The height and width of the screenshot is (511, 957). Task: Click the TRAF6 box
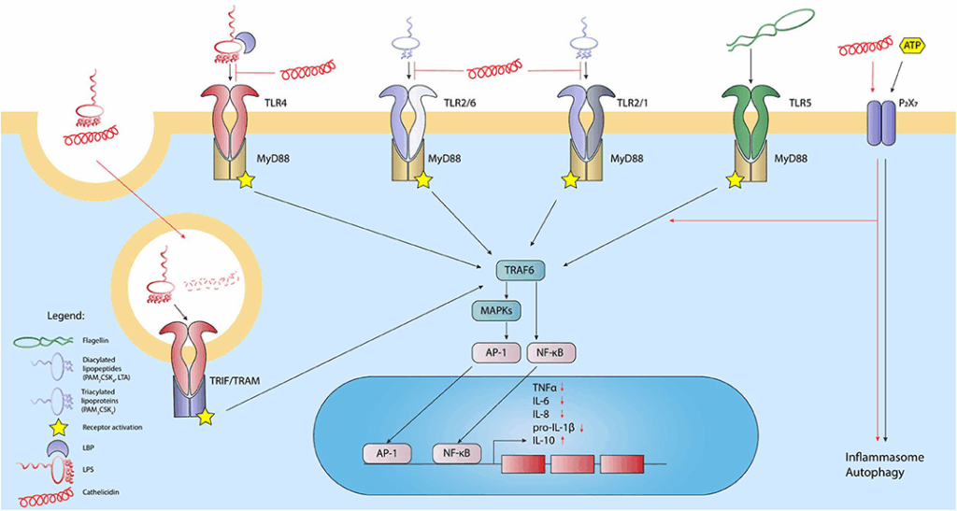point(521,269)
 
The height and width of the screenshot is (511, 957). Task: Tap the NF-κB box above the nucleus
point(553,352)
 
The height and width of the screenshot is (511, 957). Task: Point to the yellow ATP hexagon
point(913,44)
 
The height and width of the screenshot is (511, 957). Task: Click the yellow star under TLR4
point(249,181)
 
